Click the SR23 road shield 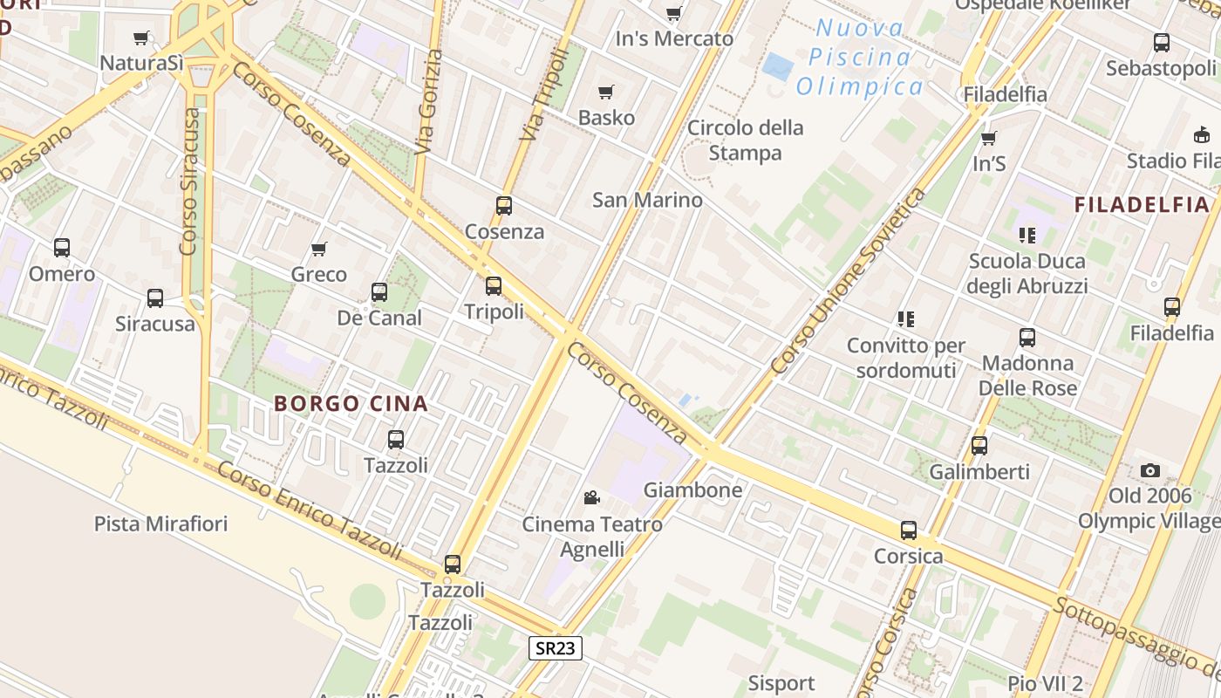pyautogui.click(x=556, y=648)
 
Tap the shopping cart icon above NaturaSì pyautogui.click(x=141, y=38)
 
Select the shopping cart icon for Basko pyautogui.click(x=606, y=92)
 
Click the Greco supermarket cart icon pyautogui.click(x=319, y=250)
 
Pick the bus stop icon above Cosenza pyautogui.click(x=504, y=206)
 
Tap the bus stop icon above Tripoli pyautogui.click(x=494, y=286)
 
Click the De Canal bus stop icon pyautogui.click(x=379, y=292)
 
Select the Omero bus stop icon pyautogui.click(x=61, y=248)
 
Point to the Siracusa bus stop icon pyautogui.click(x=155, y=298)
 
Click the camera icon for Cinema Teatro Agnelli pyautogui.click(x=592, y=498)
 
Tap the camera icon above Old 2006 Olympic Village pyautogui.click(x=1150, y=471)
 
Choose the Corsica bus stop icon pyautogui.click(x=909, y=530)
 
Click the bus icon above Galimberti pyautogui.click(x=979, y=446)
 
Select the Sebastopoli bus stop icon pyautogui.click(x=1162, y=43)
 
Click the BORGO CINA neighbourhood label pyautogui.click(x=351, y=404)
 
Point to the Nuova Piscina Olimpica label pyautogui.click(x=860, y=58)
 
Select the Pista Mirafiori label pyautogui.click(x=160, y=523)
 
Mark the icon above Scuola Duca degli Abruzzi pyautogui.click(x=1027, y=236)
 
